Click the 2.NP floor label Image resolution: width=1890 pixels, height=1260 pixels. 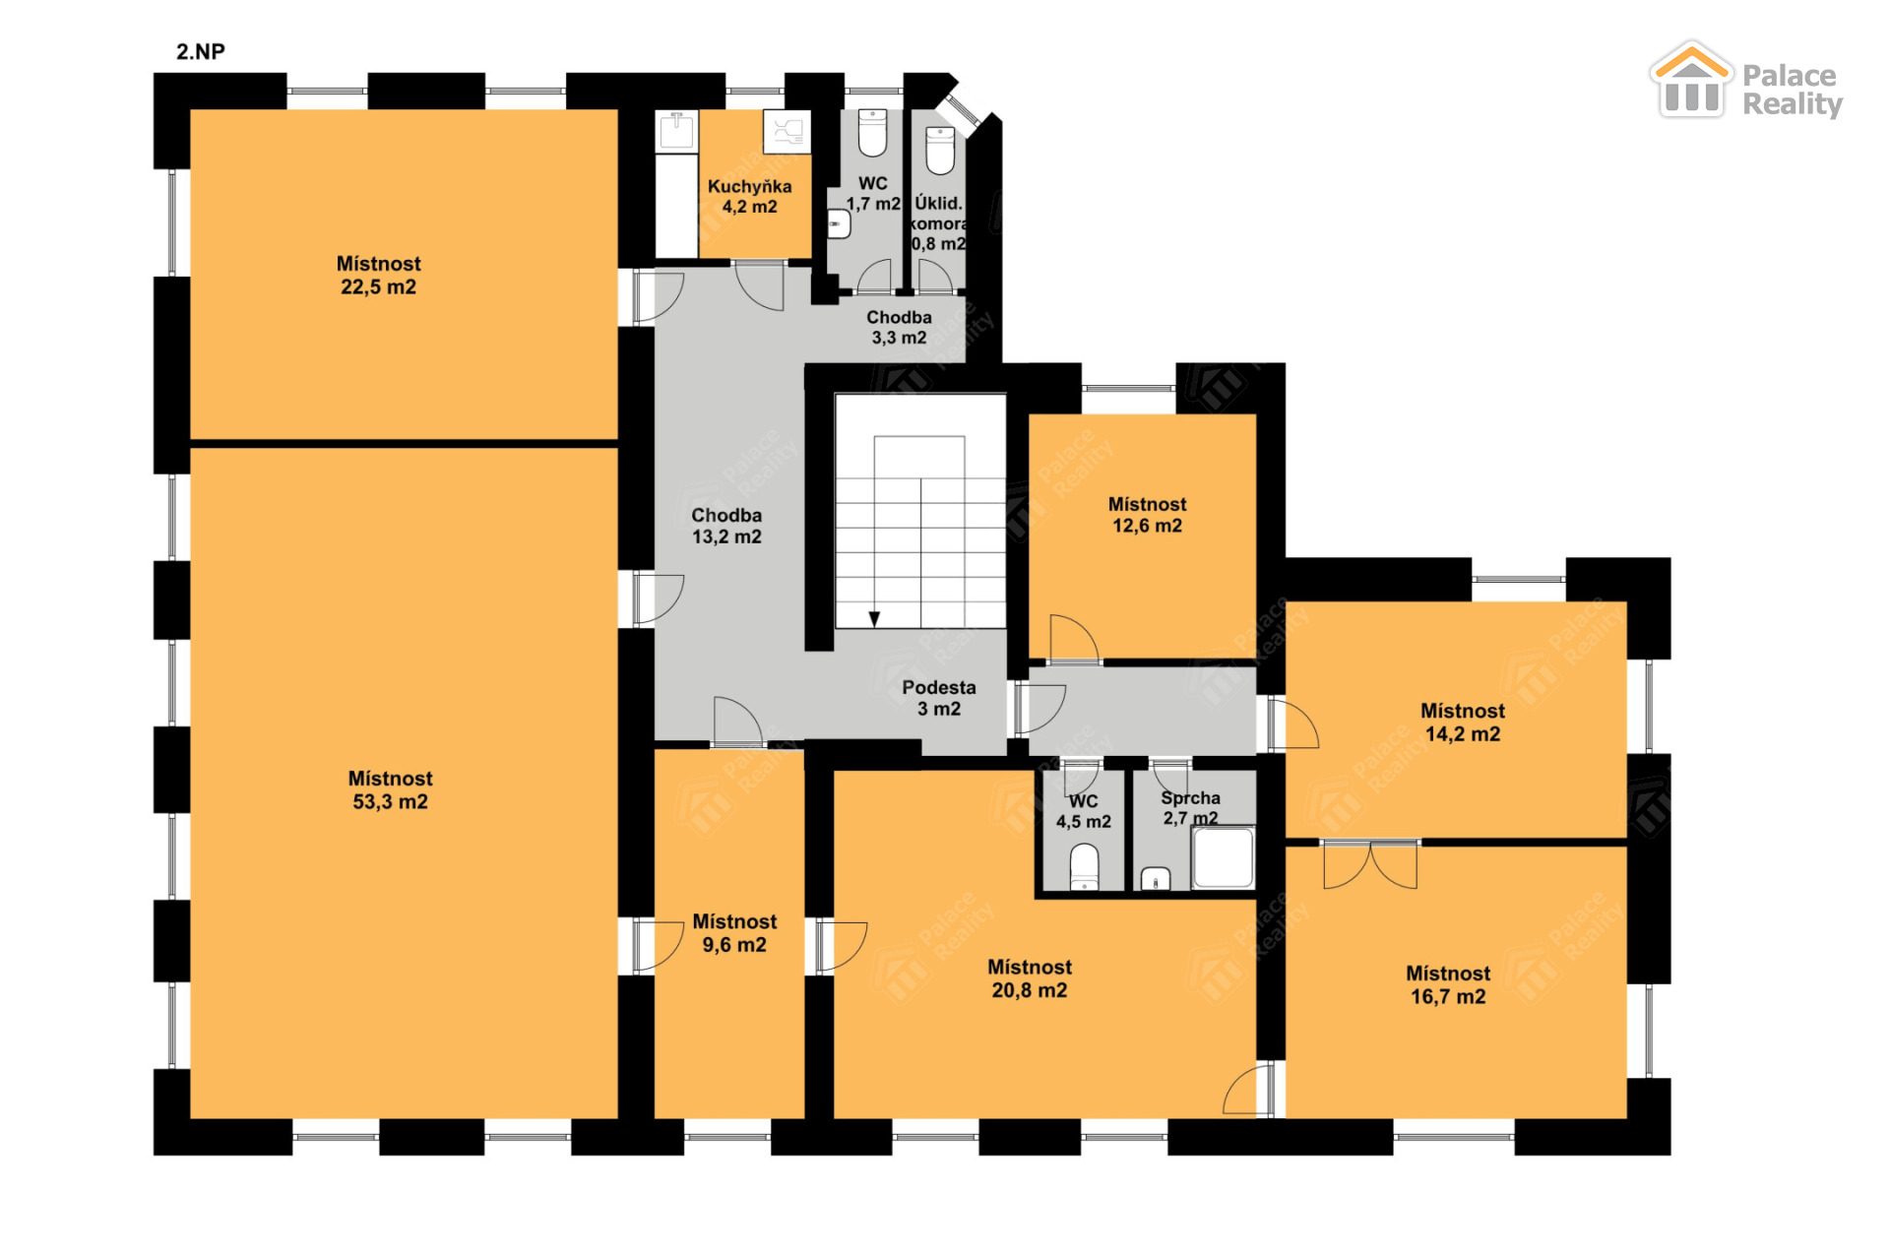pyautogui.click(x=201, y=52)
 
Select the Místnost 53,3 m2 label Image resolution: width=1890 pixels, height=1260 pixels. pyautogui.click(x=391, y=790)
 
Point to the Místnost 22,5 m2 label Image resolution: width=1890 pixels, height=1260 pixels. pyautogui.click(x=379, y=276)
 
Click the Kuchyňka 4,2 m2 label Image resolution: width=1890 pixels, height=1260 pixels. pyautogui.click(x=750, y=197)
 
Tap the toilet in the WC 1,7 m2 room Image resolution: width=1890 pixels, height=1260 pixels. pyautogui.click(x=873, y=133)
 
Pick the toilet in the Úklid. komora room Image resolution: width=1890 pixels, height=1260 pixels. pyautogui.click(x=941, y=151)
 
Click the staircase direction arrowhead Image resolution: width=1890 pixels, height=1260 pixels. pyautogui.click(x=874, y=619)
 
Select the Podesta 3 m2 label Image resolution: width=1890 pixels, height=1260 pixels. pyautogui.click(x=939, y=698)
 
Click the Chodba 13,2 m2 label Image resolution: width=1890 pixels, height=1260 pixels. pyautogui.click(x=726, y=526)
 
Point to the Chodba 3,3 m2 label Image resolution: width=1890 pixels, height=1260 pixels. pyautogui.click(x=899, y=328)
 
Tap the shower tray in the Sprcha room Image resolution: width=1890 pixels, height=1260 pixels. pyautogui.click(x=1224, y=857)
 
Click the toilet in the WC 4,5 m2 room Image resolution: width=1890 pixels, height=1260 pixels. pyautogui.click(x=1084, y=866)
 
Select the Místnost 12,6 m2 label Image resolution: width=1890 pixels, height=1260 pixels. pyautogui.click(x=1148, y=515)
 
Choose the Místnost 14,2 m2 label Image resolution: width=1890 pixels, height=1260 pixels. pyautogui.click(x=1463, y=723)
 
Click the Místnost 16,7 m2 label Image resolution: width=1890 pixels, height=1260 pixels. pyautogui.click(x=1448, y=984)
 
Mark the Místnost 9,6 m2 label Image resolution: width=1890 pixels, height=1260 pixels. pyautogui.click(x=734, y=933)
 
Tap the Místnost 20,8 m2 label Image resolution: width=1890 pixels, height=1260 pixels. pyautogui.click(x=1030, y=978)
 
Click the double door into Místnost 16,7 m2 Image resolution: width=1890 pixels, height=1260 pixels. pyautogui.click(x=1370, y=864)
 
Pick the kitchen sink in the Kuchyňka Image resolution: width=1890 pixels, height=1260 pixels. pyautogui.click(x=677, y=131)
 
